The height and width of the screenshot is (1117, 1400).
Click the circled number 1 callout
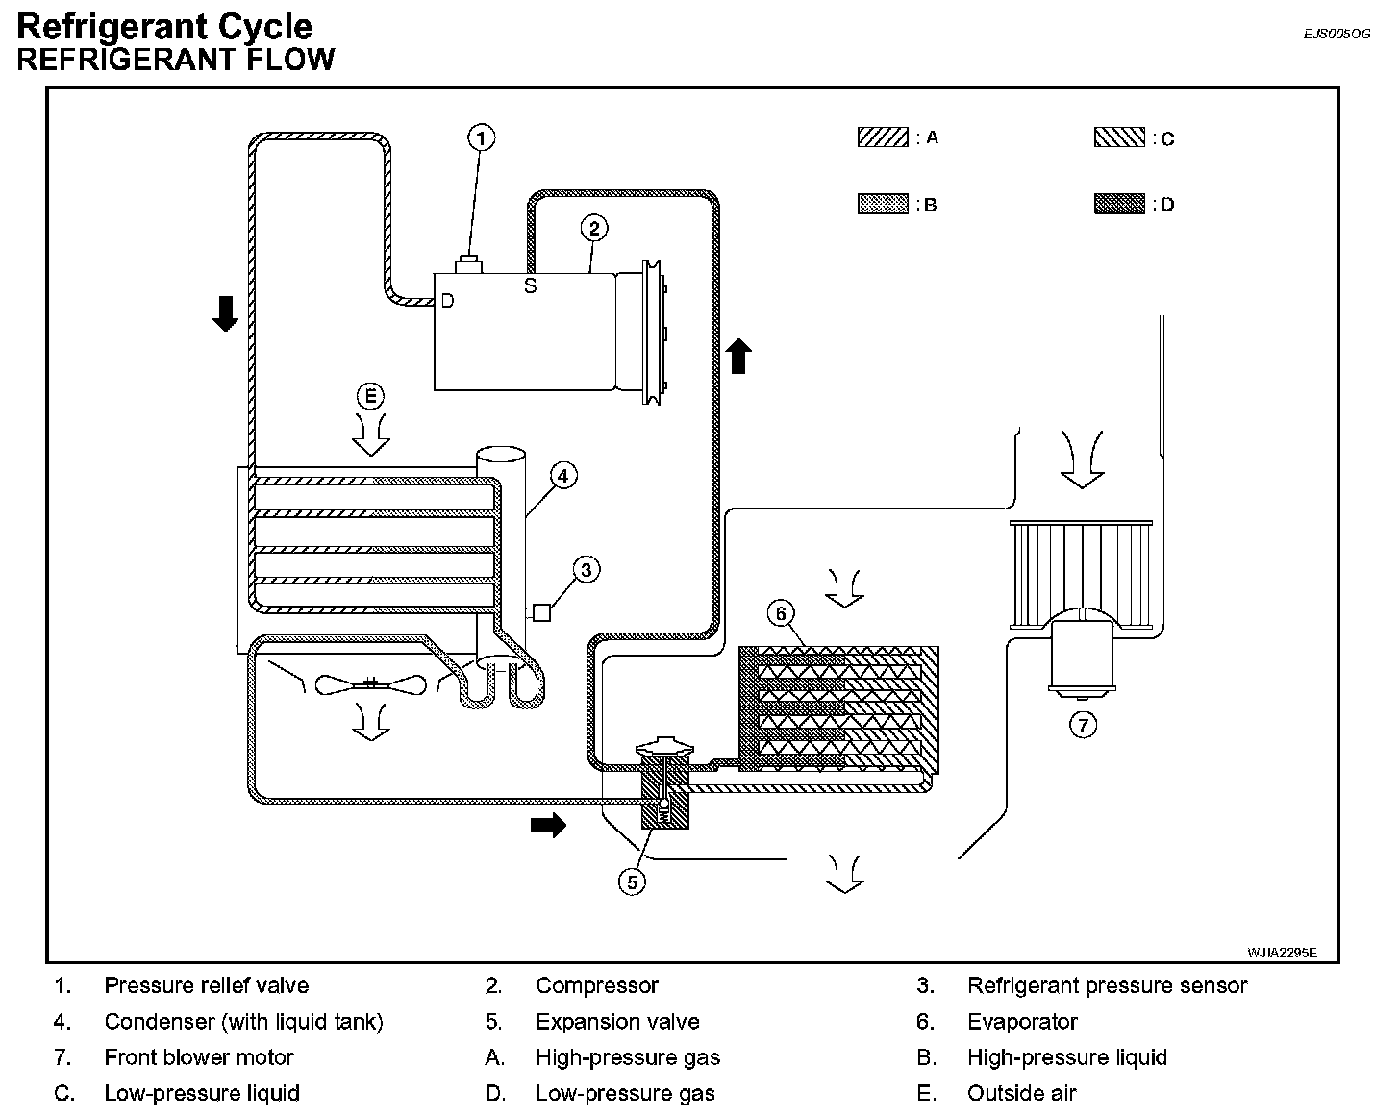[482, 137]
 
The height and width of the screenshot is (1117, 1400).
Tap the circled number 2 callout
[594, 229]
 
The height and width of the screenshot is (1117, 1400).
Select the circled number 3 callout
[587, 570]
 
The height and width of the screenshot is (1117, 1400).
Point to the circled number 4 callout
[563, 476]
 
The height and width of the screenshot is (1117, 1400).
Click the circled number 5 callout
[633, 882]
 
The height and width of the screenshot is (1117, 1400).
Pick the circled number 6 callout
[781, 613]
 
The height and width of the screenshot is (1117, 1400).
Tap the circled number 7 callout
[1084, 725]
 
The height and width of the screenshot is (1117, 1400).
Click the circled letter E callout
[371, 396]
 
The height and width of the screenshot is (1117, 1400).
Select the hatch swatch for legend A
[883, 137]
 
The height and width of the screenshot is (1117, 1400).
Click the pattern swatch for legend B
[883, 204]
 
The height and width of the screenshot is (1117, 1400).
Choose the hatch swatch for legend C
[1119, 137]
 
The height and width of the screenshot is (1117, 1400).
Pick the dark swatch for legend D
[1119, 204]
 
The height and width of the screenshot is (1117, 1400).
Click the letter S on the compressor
[531, 285]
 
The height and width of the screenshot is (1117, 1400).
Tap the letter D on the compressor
[447, 301]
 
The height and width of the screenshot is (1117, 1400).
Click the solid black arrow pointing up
[738, 356]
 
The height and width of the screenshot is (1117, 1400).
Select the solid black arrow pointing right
[548, 825]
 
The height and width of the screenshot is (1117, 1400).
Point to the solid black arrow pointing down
[225, 313]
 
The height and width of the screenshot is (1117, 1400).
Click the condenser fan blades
[371, 685]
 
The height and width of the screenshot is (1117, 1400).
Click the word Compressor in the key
[596, 985]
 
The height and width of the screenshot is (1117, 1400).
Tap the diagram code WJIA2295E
[1283, 953]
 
